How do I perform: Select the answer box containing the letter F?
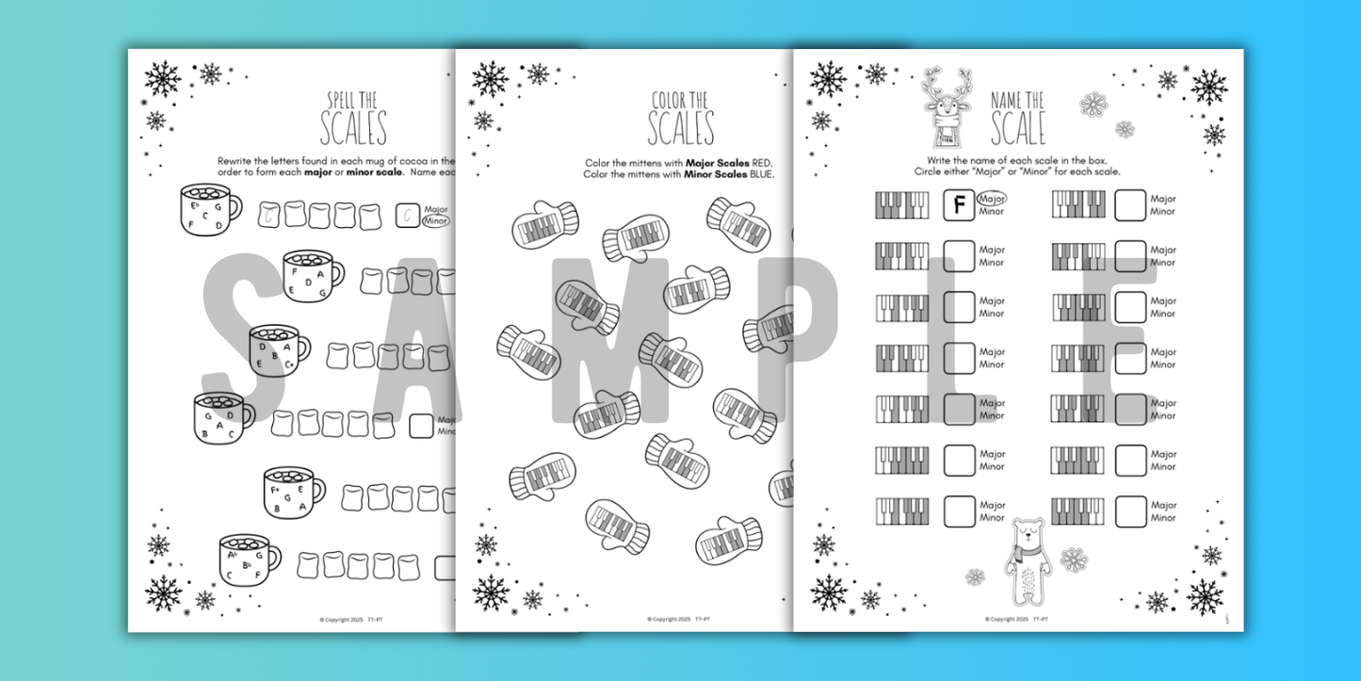coord(959,204)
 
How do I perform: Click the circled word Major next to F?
coord(993,199)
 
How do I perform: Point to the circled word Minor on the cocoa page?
coord(437,221)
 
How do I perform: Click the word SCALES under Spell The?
coord(353,129)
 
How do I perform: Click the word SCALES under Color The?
coord(681,129)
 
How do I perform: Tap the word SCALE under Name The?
coord(1018,129)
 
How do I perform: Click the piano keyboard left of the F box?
coord(902,205)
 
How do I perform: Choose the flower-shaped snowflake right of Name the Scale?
coord(1094,104)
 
